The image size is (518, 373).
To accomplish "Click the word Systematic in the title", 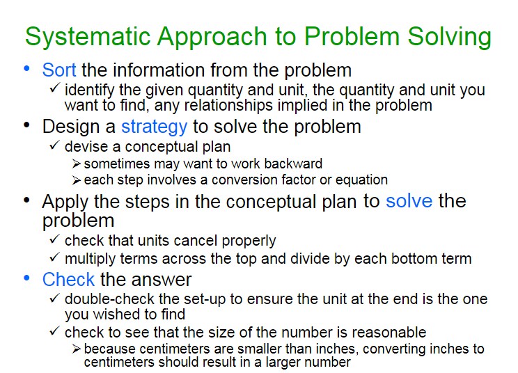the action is click(x=88, y=37).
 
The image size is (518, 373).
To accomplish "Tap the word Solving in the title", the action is click(x=450, y=37).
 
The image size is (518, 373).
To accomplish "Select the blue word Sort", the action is click(x=59, y=70).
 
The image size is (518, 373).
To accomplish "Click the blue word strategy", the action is click(x=155, y=127).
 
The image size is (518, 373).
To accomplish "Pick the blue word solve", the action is click(x=409, y=201).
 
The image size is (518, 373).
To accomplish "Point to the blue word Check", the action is click(x=69, y=280).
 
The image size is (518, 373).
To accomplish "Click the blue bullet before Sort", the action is click(x=26, y=68).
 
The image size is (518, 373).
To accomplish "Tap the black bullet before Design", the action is click(x=26, y=125).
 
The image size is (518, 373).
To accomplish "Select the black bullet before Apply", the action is click(x=26, y=200).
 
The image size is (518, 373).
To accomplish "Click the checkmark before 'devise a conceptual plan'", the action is click(x=54, y=145).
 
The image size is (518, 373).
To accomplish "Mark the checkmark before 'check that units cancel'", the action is click(x=54, y=239).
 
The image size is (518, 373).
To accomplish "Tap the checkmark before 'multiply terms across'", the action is click(x=54, y=257).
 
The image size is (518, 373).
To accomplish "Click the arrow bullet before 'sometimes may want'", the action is click(x=77, y=164).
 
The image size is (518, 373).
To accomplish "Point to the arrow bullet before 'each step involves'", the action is click(x=77, y=180).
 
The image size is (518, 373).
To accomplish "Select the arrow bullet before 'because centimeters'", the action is click(x=77, y=349).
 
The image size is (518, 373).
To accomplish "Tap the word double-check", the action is click(x=110, y=299).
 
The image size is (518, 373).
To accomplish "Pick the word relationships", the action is click(x=228, y=106).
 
